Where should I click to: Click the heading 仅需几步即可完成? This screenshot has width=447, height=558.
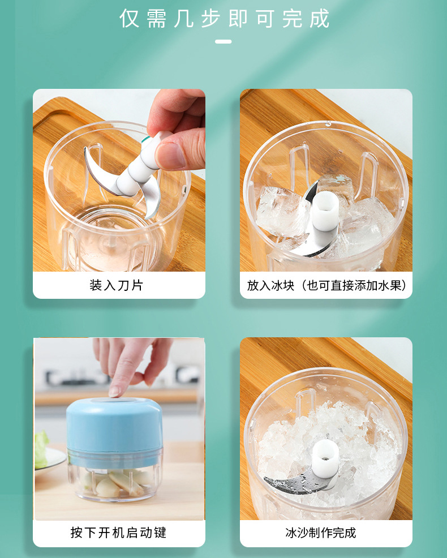pyautogui.click(x=224, y=19)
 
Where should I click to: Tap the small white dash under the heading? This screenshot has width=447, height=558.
pyautogui.click(x=223, y=42)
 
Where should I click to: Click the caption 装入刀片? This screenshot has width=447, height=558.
pyautogui.click(x=116, y=285)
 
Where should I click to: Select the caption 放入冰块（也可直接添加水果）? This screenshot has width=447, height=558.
pyautogui.click(x=326, y=285)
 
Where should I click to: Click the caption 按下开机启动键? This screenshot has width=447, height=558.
pyautogui.click(x=118, y=533)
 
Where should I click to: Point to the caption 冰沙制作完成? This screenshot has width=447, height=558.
pyautogui.click(x=321, y=533)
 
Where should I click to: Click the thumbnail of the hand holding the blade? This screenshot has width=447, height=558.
pyautogui.click(x=119, y=180)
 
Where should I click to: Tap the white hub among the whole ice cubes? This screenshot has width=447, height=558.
pyautogui.click(x=325, y=212)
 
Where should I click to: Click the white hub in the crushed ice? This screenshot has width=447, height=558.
pyautogui.click(x=325, y=458)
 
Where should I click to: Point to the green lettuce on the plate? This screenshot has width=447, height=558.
pyautogui.click(x=41, y=449)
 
